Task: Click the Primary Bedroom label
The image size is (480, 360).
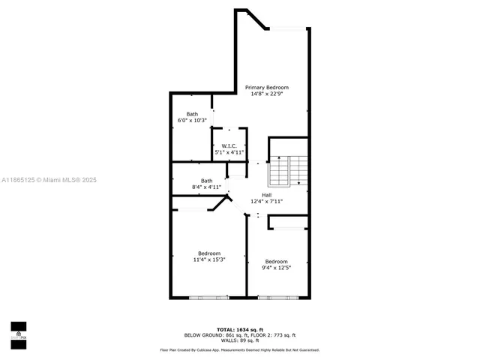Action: pyautogui.click(x=267, y=88)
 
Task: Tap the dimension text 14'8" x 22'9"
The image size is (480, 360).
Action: pyautogui.click(x=267, y=94)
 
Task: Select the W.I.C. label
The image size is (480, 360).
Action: pyautogui.click(x=229, y=145)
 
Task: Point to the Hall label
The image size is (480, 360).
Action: pyautogui.click(x=266, y=194)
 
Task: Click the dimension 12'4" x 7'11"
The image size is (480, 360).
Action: pyautogui.click(x=266, y=201)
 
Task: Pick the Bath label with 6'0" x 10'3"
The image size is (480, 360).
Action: pyautogui.click(x=192, y=114)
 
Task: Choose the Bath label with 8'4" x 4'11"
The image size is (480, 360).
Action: pyautogui.click(x=206, y=180)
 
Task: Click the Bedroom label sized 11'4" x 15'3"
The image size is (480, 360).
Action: pyautogui.click(x=209, y=253)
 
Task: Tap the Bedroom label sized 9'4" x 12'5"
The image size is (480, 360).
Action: pyautogui.click(x=276, y=261)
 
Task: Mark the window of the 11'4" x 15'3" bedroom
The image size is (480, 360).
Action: pyautogui.click(x=209, y=298)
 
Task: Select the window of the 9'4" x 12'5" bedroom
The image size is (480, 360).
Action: pyautogui.click(x=277, y=298)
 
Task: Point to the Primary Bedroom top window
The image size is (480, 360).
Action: pyautogui.click(x=289, y=28)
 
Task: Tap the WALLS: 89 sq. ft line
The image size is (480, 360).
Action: pyautogui.click(x=240, y=340)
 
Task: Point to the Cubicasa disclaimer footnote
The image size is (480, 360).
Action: pyautogui.click(x=240, y=349)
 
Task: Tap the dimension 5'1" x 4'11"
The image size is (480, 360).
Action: pyautogui.click(x=229, y=152)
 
